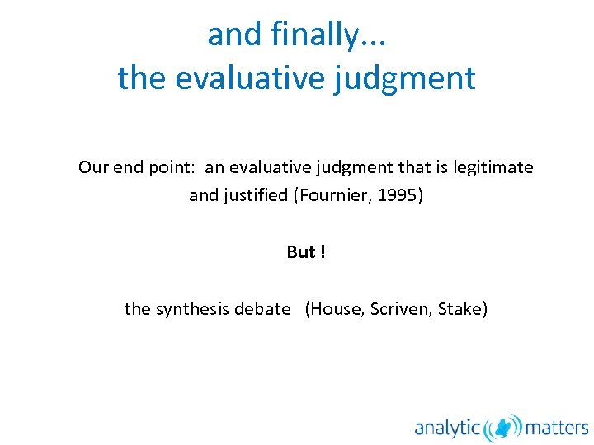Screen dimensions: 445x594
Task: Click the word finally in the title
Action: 313,35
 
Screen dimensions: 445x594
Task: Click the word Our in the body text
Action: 93,167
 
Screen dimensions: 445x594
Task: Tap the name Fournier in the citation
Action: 335,196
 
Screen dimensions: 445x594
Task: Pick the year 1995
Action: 398,196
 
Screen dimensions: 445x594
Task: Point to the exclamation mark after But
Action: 323,252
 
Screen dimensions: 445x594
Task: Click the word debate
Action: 262,309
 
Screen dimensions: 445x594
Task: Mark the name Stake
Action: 461,309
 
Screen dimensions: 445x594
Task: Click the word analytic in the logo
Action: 447,427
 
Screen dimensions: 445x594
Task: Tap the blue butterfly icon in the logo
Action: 502,427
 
